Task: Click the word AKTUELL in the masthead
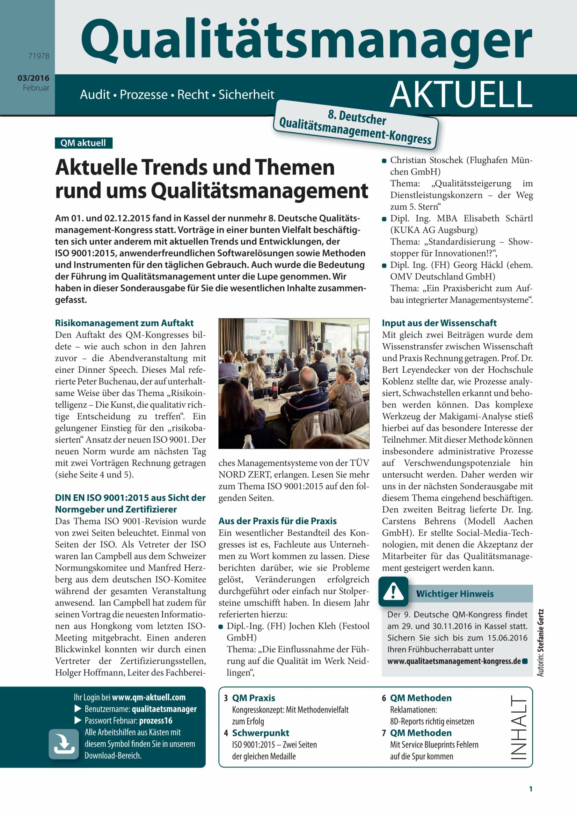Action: click(x=461, y=94)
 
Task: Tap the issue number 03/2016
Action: click(x=33, y=78)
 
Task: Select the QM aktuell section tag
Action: click(x=83, y=143)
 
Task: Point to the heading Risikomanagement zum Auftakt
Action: click(x=124, y=323)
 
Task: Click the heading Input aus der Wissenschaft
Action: click(x=439, y=323)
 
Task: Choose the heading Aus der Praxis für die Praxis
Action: click(x=277, y=521)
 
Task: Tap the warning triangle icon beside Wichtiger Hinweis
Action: click(x=393, y=591)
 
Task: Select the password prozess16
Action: click(x=156, y=721)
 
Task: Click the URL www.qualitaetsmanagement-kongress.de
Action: click(x=454, y=661)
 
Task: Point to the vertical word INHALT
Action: click(x=519, y=727)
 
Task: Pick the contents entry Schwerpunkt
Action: click(x=260, y=733)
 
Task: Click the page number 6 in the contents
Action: click(x=384, y=698)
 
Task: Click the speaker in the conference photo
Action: click(x=312, y=338)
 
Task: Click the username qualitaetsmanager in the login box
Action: click(x=164, y=709)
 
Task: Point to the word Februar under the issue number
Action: click(x=36, y=88)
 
